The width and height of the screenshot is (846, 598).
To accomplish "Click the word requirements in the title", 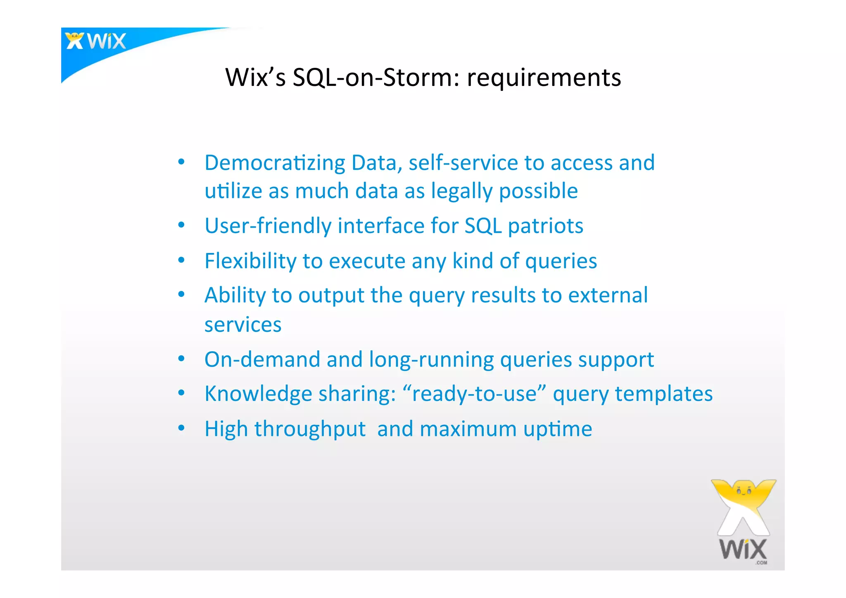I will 544,78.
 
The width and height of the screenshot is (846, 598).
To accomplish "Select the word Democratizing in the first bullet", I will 274,163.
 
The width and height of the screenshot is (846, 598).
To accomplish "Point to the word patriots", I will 545,226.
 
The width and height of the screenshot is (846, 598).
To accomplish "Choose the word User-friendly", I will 268,226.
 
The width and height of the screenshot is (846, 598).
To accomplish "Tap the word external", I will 608,295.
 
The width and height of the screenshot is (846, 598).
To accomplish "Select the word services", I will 243,325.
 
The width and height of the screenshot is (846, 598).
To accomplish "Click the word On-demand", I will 262,360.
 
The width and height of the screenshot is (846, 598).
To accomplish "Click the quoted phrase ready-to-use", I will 474,394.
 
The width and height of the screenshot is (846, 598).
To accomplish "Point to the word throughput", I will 310,429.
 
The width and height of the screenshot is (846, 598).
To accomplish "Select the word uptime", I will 558,429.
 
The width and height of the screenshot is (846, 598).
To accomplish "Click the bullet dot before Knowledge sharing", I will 181,393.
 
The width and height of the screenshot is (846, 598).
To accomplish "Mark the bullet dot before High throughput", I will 181,428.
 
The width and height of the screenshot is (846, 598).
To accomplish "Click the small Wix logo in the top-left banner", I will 96,41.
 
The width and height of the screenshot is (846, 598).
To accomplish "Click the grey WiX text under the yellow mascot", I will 743,550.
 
